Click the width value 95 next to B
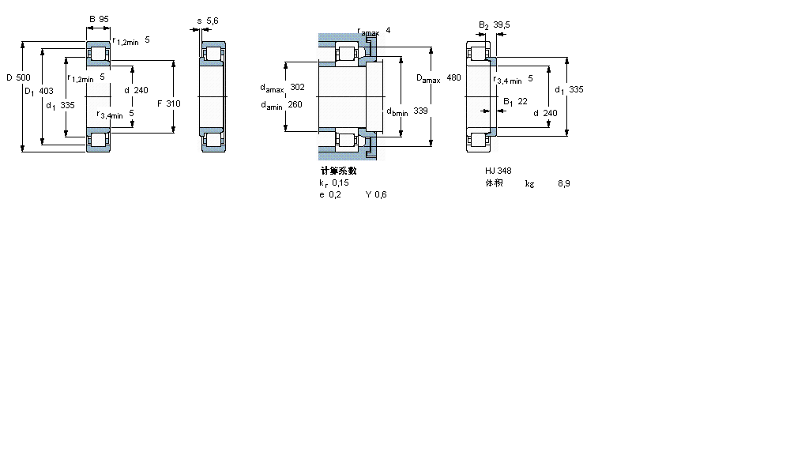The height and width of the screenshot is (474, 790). point(103,18)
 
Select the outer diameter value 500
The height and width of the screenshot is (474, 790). point(24,77)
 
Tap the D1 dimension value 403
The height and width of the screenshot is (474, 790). point(46,92)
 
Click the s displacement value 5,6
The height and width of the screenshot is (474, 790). point(213,20)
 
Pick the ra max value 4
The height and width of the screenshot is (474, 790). point(388,30)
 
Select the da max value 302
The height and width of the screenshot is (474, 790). point(297,87)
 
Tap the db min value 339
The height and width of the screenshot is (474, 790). point(420,111)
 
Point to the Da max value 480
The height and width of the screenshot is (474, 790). point(453,77)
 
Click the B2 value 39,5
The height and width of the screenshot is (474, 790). point(502,24)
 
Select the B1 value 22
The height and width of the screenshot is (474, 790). point(522,100)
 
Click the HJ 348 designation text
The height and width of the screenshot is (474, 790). point(498,171)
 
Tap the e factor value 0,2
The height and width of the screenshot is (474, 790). point(335,195)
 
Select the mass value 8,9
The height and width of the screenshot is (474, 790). point(563,183)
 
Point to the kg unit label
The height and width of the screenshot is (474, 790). point(529,183)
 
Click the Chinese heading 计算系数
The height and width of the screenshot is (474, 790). point(337,171)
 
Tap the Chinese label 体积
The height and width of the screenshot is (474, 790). point(494,183)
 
